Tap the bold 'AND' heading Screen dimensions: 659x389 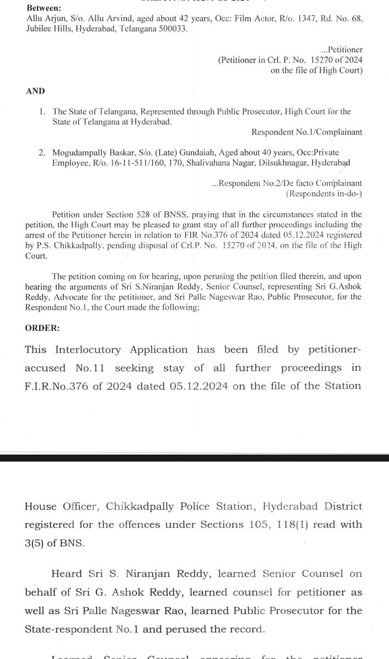coord(34,91)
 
